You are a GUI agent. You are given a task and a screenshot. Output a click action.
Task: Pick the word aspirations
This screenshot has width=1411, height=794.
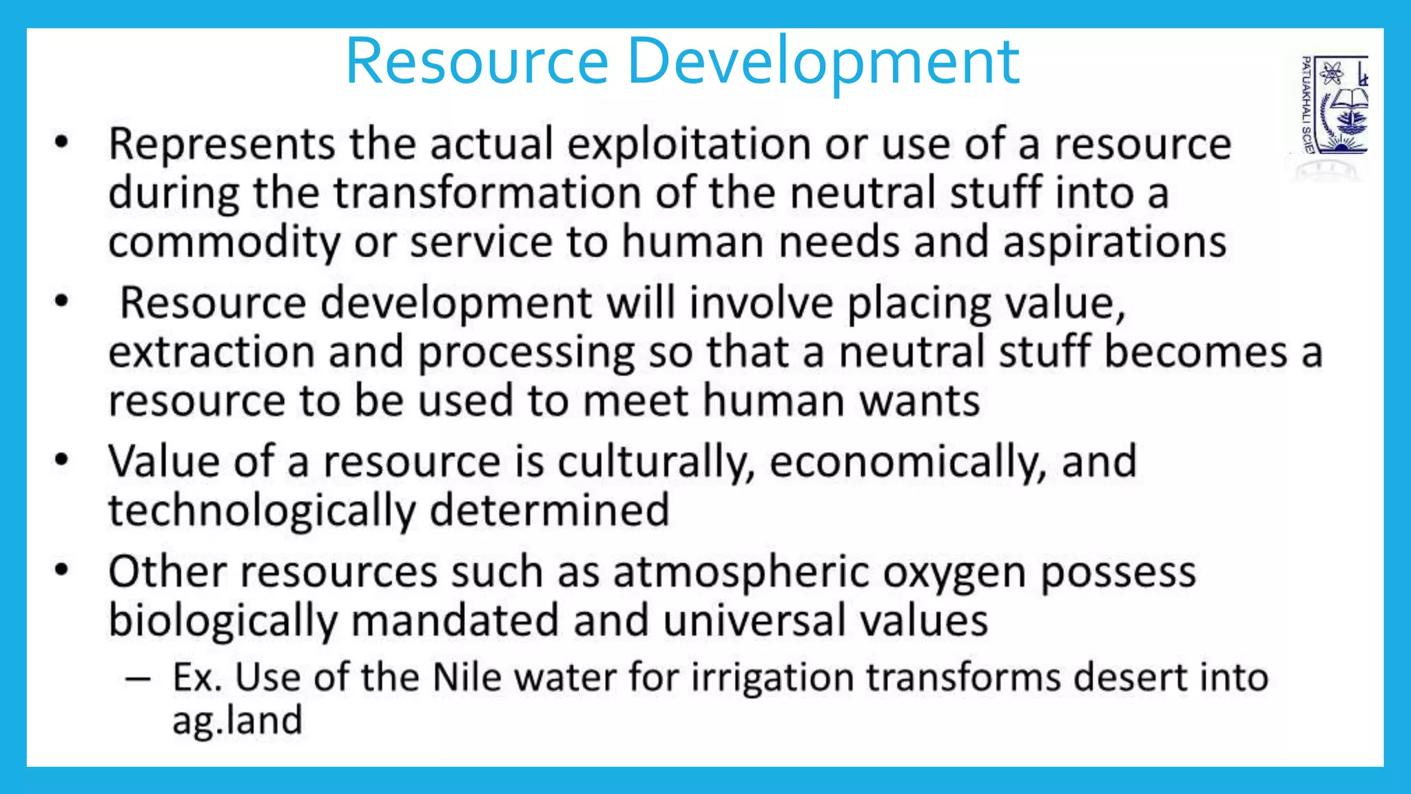pyautogui.click(x=1114, y=243)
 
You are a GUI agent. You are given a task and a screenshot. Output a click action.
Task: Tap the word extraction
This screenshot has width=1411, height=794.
pyautogui.click(x=211, y=352)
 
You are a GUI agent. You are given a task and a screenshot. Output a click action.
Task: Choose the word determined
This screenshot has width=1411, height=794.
pyautogui.click(x=549, y=510)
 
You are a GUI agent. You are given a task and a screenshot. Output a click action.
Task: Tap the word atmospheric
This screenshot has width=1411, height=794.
pyautogui.click(x=741, y=573)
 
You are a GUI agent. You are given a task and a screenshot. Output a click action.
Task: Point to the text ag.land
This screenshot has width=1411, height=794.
pyautogui.click(x=237, y=721)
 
